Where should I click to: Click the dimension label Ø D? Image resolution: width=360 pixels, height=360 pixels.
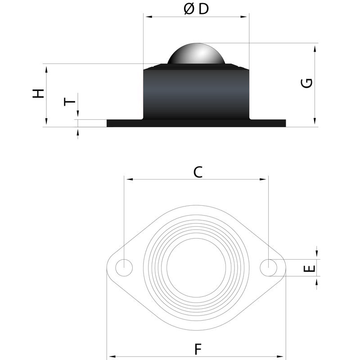(196, 9)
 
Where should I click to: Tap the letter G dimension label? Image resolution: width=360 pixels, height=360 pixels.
(307, 83)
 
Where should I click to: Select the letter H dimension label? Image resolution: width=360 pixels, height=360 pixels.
(38, 94)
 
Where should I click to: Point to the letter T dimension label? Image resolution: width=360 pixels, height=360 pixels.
(69, 102)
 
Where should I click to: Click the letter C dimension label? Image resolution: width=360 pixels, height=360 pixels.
(198, 172)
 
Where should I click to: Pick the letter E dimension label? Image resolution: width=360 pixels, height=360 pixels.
(309, 268)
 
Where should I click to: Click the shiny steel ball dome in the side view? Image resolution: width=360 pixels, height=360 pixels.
(196, 54)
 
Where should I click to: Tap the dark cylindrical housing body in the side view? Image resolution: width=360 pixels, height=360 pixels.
(196, 94)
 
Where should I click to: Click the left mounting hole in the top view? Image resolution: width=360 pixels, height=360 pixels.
(124, 268)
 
